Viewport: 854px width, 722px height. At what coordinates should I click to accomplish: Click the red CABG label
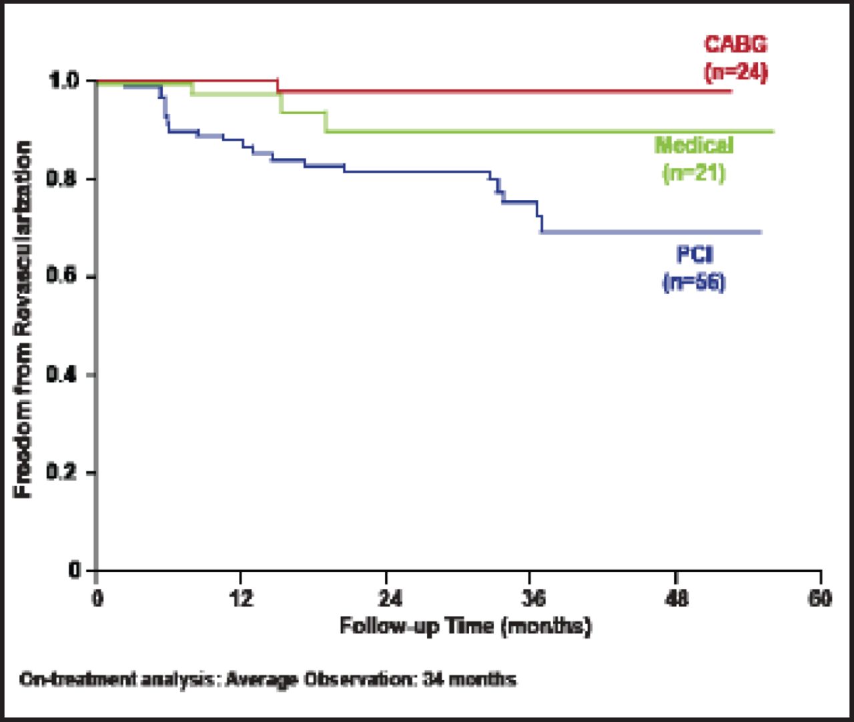736,44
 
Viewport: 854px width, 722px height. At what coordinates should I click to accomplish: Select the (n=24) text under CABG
736,71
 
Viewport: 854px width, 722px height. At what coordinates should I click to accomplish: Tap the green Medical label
694,145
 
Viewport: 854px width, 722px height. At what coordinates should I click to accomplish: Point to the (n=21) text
694,173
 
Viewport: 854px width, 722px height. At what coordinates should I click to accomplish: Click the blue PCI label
694,255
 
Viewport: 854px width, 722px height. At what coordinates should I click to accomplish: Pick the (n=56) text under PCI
694,283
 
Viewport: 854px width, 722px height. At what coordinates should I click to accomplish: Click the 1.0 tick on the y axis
64,81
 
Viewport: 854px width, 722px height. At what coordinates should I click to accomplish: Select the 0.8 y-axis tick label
64,179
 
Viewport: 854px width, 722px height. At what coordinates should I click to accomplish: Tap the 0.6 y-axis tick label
64,277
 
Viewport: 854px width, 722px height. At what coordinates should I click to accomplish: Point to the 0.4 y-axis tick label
64,375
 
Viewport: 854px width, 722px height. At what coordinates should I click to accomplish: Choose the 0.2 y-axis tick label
64,473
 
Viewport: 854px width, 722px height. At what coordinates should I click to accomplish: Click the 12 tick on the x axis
242,598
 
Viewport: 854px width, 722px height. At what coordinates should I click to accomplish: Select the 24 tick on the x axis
387,598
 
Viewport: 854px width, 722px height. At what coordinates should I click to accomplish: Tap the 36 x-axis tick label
532,598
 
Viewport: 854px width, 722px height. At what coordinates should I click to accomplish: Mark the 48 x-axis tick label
677,598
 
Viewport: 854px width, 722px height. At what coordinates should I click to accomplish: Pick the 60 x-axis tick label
820,598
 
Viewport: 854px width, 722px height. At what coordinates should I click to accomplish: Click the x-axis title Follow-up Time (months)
465,627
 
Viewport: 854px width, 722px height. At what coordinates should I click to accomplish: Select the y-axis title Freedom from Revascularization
24,319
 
